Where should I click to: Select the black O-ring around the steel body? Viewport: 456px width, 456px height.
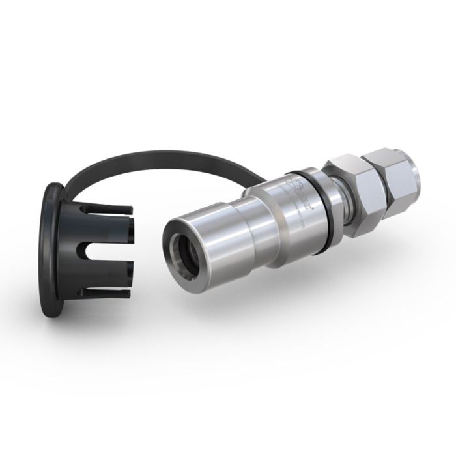321,198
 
